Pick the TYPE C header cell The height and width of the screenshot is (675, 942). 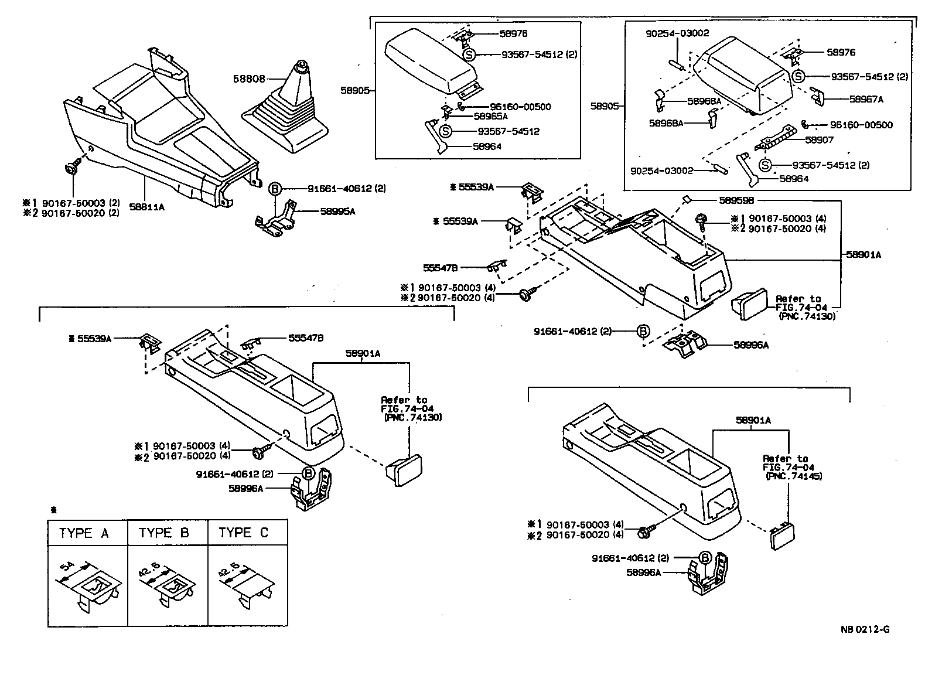247,533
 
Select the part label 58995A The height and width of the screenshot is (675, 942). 337,211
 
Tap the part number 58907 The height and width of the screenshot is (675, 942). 819,140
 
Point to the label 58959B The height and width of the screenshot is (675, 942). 710,200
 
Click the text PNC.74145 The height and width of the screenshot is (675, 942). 794,476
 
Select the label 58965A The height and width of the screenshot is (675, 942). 490,116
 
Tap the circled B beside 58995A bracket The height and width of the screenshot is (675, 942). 275,189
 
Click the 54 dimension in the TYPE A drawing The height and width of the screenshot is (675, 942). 68,568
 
